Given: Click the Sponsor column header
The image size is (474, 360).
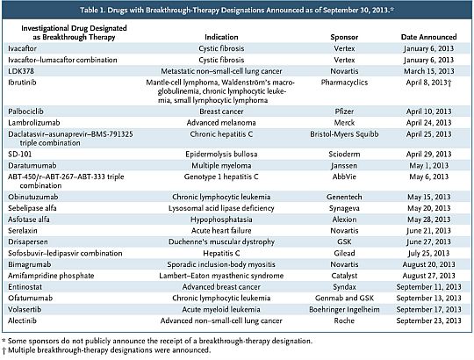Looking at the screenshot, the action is click(x=344, y=37).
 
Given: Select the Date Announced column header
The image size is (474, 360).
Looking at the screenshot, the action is click(x=428, y=37).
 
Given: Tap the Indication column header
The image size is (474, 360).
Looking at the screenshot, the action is click(x=221, y=37).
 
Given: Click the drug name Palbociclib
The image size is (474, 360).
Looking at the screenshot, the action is click(x=25, y=112).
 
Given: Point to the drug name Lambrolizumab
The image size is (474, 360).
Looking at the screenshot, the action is click(x=34, y=123).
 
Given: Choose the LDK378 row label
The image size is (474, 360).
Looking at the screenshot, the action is click(x=21, y=71).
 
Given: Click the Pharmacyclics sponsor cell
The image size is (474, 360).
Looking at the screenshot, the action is click(x=344, y=83).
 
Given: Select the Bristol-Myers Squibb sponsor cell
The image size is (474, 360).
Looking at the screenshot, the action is click(x=344, y=134).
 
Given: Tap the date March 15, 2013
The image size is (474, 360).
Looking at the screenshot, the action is click(x=429, y=71).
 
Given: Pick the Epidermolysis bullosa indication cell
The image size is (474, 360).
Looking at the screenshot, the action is click(x=221, y=155).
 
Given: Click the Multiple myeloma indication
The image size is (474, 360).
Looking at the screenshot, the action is click(x=221, y=166).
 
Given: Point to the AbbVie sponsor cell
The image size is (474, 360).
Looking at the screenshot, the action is click(x=344, y=176).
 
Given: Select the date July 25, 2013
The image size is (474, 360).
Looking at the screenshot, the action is click(x=429, y=253).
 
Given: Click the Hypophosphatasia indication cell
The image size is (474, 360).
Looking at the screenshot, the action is click(x=221, y=220).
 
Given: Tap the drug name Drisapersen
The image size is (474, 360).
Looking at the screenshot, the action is click(x=28, y=241).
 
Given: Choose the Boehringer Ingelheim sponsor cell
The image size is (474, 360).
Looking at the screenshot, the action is click(x=344, y=310).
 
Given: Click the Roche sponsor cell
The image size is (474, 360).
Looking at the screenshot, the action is click(x=344, y=320).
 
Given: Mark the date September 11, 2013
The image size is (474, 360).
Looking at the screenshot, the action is click(x=429, y=287).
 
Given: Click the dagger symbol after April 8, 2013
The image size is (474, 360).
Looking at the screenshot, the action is click(x=449, y=83).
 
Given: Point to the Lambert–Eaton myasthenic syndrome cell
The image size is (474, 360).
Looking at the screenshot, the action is click(x=221, y=276).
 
